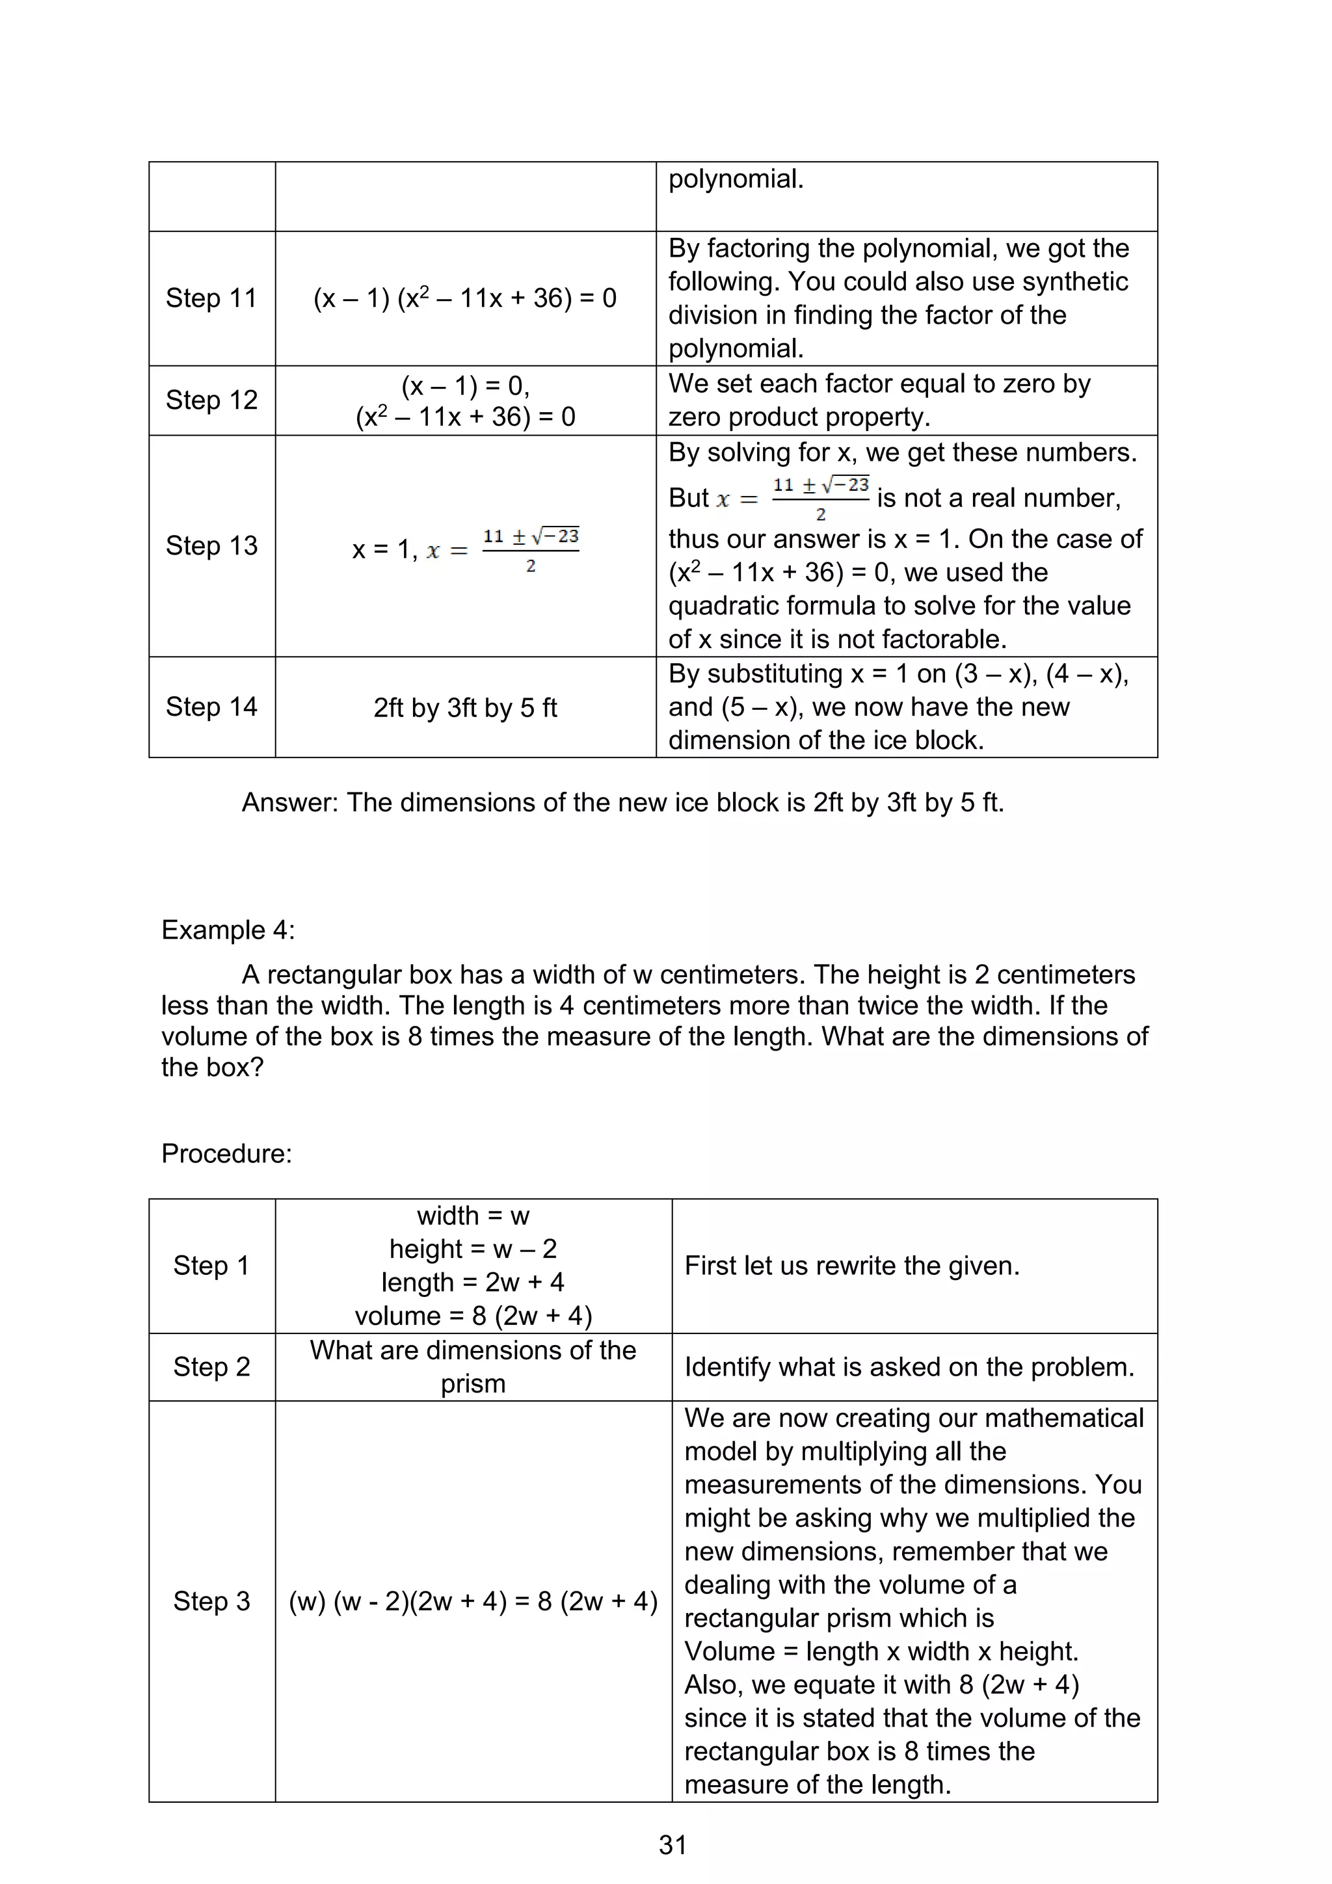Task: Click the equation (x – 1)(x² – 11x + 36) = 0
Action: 464,298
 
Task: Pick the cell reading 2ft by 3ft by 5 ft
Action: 464,707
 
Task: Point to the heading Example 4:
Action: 228,930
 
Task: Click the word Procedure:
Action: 226,1154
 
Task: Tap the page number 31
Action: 672,1844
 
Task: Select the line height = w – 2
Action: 473,1249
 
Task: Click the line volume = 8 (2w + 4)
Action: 473,1315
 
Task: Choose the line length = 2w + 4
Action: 473,1282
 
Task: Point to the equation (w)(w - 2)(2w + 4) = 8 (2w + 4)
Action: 473,1602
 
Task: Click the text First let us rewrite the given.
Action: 851,1265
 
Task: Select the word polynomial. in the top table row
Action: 736,179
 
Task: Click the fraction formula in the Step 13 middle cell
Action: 530,550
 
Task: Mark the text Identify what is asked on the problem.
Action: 909,1367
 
